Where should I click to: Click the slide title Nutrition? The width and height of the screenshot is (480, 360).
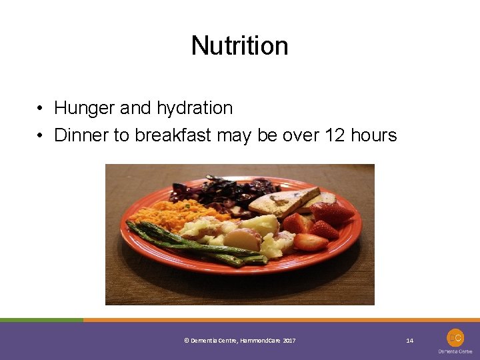239,46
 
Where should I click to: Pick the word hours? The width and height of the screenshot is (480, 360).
374,135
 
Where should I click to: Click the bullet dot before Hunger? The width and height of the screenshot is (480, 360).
41,109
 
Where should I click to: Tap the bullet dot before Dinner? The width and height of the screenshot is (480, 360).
41,136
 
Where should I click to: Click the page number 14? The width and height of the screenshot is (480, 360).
410,341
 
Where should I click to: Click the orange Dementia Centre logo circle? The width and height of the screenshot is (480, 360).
455,337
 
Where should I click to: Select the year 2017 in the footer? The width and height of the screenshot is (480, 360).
289,341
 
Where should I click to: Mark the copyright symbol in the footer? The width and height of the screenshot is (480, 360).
186,341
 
